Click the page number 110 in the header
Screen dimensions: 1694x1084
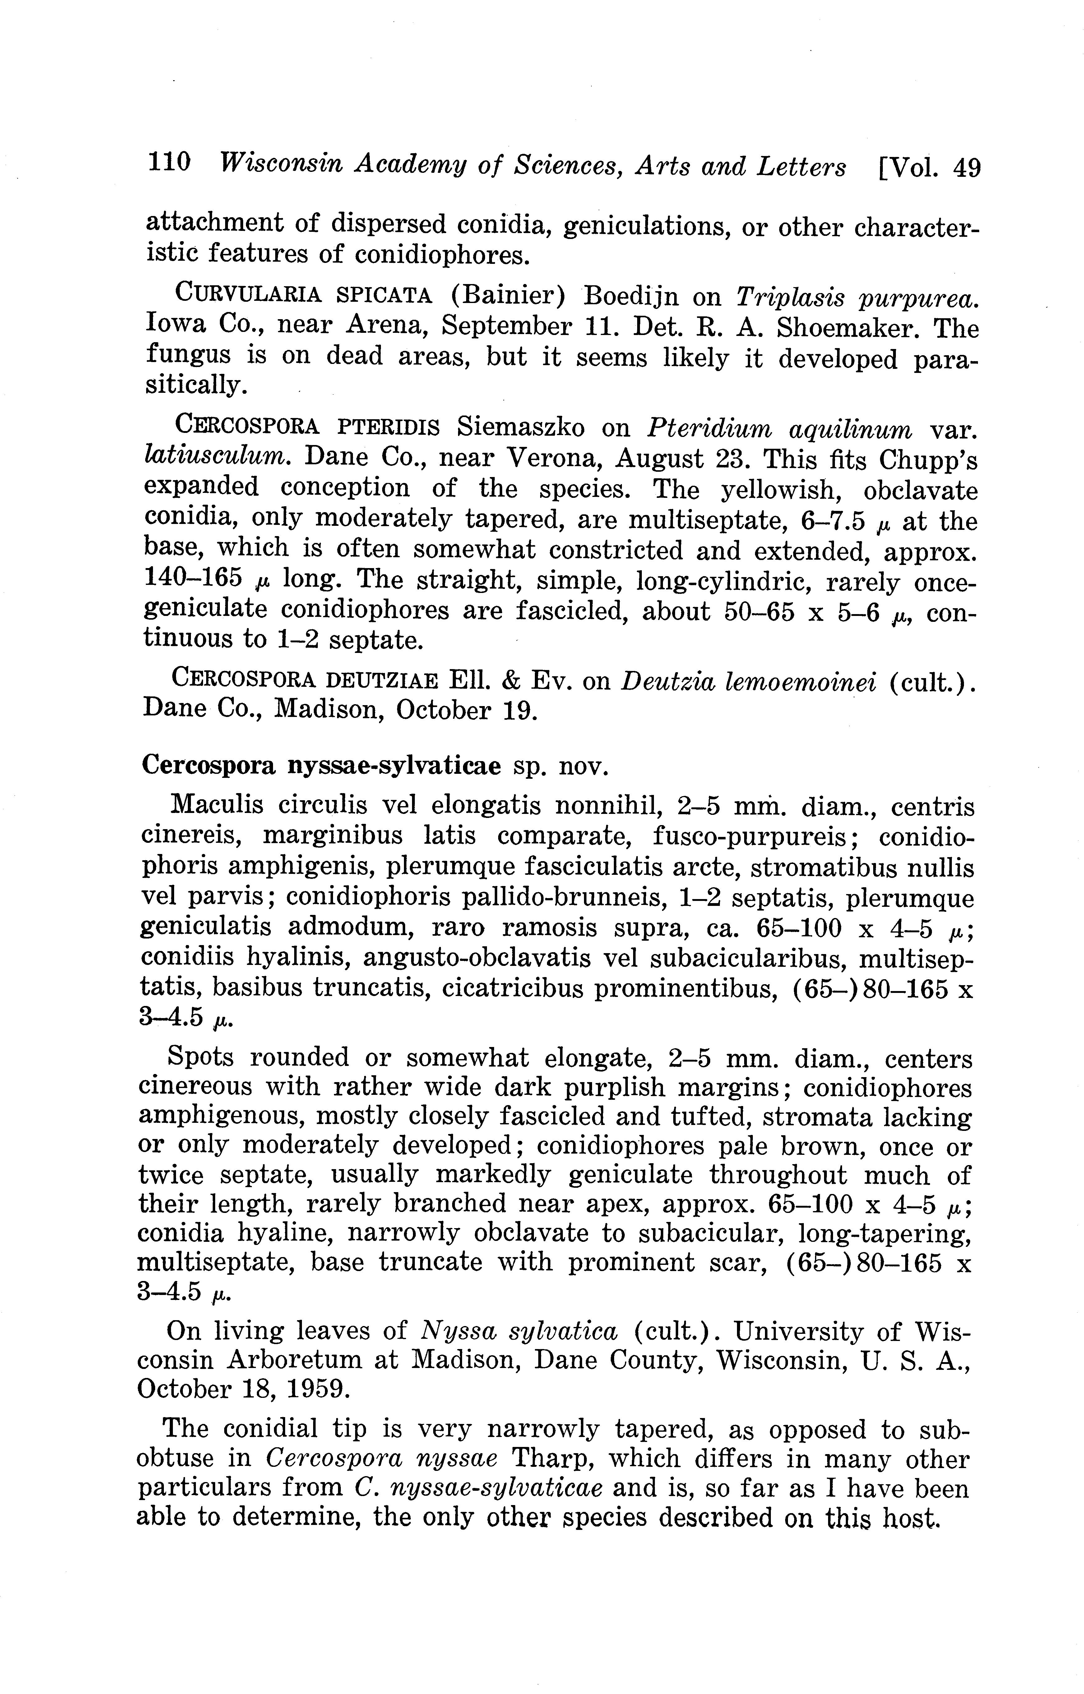[x=169, y=163]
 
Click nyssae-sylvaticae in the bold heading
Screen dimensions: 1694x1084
[x=394, y=765]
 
